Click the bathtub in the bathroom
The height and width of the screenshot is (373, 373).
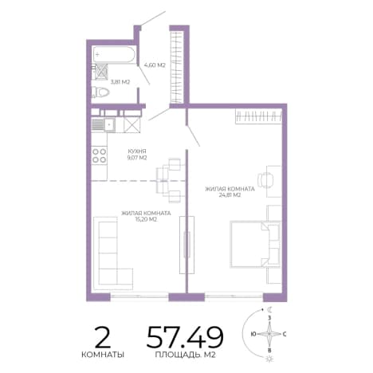point(114,54)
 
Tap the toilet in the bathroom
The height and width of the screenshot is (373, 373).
point(100,92)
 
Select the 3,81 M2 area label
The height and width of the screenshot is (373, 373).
point(120,82)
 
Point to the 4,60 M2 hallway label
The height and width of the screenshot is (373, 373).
point(155,65)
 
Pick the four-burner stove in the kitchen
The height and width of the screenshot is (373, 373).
point(99,155)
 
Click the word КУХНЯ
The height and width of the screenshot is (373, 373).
point(137,151)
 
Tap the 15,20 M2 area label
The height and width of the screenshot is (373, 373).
point(146,219)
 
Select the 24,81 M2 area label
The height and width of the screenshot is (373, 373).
point(230,195)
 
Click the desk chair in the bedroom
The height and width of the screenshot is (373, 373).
point(265,180)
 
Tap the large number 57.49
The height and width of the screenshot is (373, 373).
point(185,337)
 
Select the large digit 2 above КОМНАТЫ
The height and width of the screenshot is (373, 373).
point(103,337)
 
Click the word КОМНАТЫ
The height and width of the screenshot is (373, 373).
point(103,355)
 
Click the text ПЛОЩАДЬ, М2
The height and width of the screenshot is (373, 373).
point(185,355)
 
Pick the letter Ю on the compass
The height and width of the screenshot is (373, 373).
point(253,334)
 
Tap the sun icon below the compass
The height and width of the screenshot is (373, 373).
point(269,359)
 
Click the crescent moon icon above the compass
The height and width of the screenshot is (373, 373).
point(270,309)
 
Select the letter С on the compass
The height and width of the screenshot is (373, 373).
point(285,334)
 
